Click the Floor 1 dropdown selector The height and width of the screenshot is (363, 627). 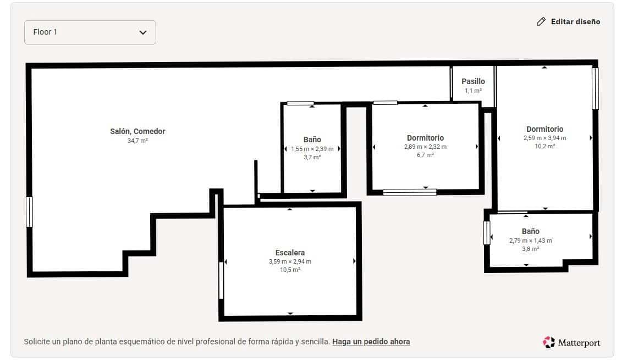[x=90, y=32]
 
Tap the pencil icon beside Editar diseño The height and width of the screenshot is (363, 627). [x=541, y=22]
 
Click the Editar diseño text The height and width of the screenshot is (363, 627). [x=575, y=22]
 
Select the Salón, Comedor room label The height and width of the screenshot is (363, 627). [x=137, y=131]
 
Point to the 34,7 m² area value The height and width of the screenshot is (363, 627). [x=137, y=141]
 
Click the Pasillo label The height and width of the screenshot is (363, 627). [x=473, y=81]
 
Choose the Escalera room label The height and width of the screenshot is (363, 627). [x=290, y=253]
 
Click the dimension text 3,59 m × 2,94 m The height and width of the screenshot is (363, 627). [x=290, y=261]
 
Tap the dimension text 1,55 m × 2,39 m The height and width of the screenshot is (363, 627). [x=312, y=149]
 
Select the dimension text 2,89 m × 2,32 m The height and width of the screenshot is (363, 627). [x=425, y=147]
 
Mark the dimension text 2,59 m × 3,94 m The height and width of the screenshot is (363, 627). [x=544, y=138]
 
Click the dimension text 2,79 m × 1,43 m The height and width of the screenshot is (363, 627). [x=530, y=241]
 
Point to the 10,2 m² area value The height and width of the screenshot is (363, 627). [x=544, y=147]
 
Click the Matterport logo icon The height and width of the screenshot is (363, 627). [x=548, y=342]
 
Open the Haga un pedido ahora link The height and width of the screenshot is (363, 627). [x=371, y=342]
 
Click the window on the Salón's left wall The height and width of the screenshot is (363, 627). [x=30, y=212]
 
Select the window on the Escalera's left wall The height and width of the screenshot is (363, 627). [x=221, y=280]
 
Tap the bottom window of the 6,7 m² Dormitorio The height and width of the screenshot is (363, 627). [x=410, y=192]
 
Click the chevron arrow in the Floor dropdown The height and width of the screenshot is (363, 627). [x=143, y=32]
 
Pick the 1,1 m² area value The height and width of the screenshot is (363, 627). [x=473, y=91]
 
